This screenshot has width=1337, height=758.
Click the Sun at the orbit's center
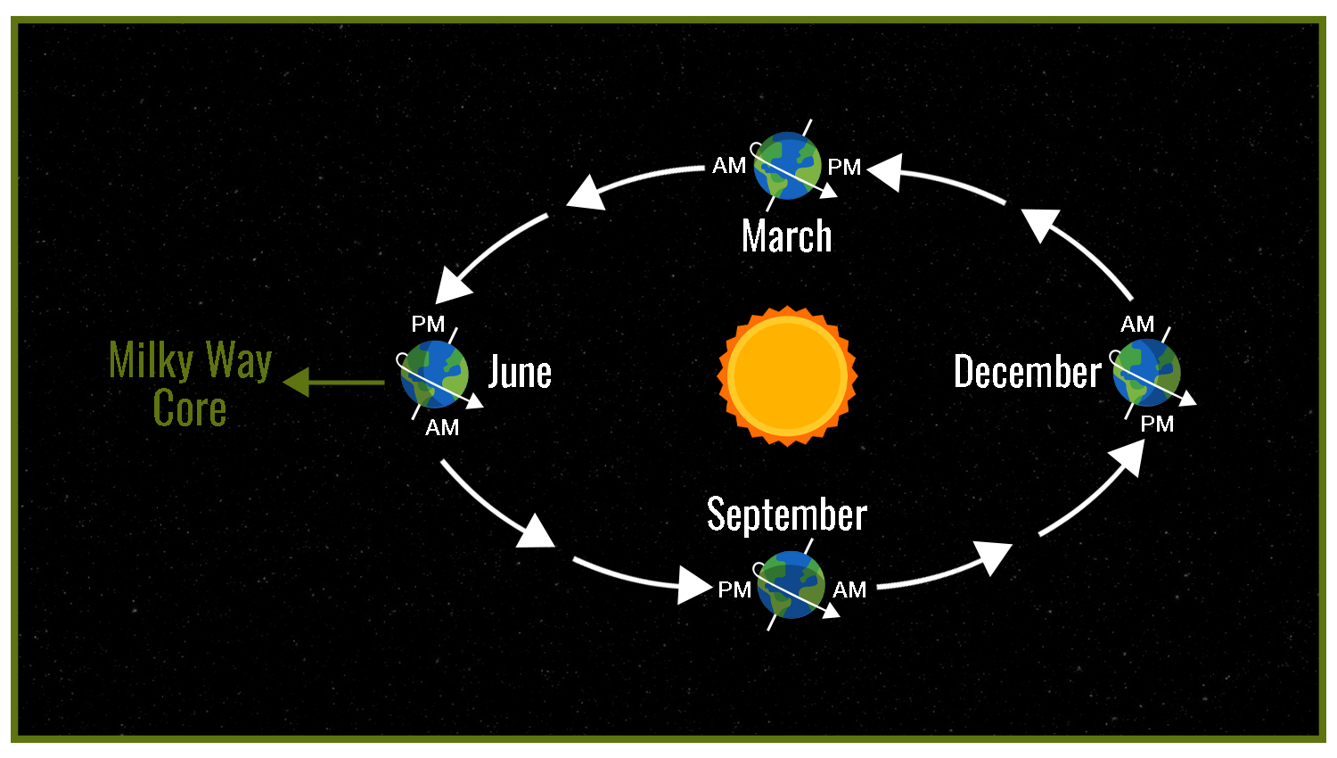click(x=787, y=376)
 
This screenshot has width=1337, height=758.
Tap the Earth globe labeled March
click(x=787, y=166)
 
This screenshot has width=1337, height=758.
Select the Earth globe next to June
click(x=434, y=375)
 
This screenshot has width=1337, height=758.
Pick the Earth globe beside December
click(x=1146, y=373)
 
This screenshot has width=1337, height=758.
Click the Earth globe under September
click(x=791, y=585)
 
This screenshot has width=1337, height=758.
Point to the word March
click(x=787, y=236)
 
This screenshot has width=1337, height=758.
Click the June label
click(x=520, y=372)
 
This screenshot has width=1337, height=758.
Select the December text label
click(x=1027, y=371)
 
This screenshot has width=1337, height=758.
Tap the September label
click(x=787, y=515)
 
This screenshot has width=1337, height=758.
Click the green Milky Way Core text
click(x=191, y=383)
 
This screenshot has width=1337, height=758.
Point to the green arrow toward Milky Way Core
click(x=333, y=383)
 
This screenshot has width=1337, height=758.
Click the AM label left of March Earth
click(x=729, y=166)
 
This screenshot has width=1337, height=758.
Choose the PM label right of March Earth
click(x=844, y=168)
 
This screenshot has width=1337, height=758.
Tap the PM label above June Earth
click(x=428, y=324)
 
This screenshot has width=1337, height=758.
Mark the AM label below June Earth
click(x=442, y=428)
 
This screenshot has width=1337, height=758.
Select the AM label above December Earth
click(x=1137, y=325)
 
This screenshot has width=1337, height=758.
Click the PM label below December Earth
click(x=1157, y=424)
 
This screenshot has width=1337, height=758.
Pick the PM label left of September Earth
click(x=734, y=590)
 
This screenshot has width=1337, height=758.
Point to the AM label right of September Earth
click(x=849, y=590)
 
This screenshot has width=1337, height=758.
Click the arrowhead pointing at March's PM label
click(x=885, y=172)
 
